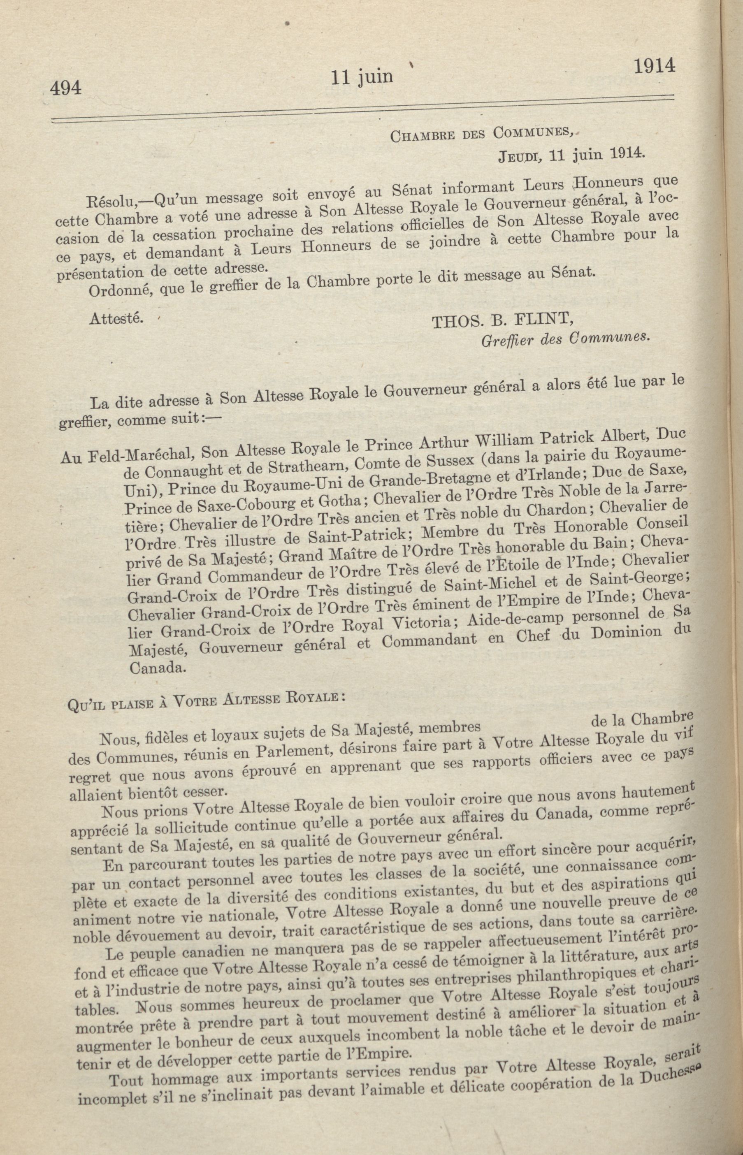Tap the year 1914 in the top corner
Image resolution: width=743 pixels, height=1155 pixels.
pos(654,66)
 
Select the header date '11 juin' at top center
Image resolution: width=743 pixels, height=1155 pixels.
pos(361,77)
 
